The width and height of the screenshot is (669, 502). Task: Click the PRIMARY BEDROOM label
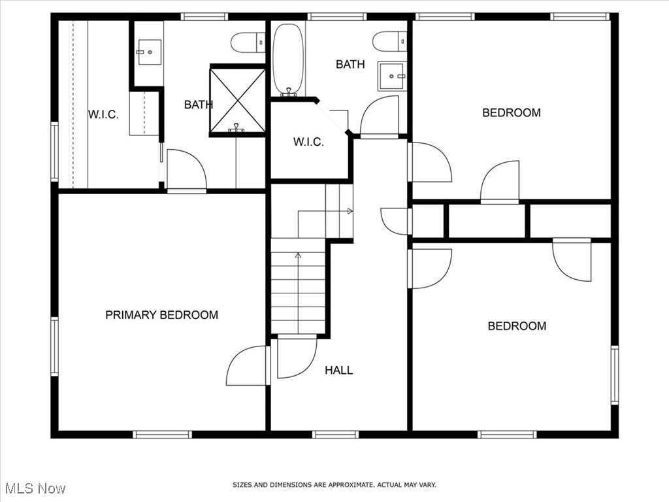(161, 315)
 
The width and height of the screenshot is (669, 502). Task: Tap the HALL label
(338, 371)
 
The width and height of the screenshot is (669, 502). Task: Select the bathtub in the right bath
(287, 59)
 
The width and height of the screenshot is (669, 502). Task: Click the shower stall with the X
(237, 100)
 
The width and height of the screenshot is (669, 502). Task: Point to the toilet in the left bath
(248, 42)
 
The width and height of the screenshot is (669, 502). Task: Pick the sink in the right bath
(392, 76)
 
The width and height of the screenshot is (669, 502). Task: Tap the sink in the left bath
(149, 50)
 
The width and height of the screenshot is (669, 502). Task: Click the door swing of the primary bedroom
(247, 366)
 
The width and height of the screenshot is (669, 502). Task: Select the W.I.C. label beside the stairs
(308, 142)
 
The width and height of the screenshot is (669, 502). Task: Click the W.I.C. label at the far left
(103, 115)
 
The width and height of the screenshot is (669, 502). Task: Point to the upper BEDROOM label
(512, 112)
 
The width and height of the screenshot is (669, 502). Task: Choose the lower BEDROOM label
(517, 326)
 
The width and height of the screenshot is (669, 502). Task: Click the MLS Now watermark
(35, 488)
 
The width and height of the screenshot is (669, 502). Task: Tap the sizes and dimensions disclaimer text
(334, 485)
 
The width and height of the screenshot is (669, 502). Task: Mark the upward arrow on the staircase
(299, 256)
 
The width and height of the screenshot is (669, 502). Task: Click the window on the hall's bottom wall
(335, 434)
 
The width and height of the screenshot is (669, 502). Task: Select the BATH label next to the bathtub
(350, 64)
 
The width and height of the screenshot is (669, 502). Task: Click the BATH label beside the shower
(198, 105)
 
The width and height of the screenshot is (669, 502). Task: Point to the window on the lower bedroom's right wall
(614, 375)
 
